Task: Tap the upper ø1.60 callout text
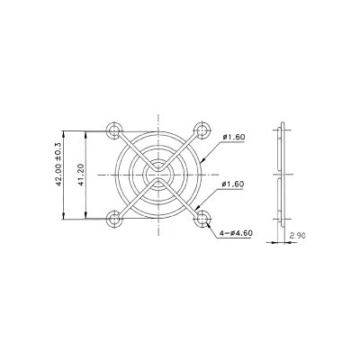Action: click(233, 137)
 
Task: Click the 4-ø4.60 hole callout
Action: click(236, 233)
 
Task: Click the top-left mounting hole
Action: click(114, 129)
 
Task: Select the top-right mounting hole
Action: click(202, 129)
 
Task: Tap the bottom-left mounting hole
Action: click(114, 216)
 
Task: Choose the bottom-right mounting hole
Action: click(202, 216)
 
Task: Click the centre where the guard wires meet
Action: click(158, 173)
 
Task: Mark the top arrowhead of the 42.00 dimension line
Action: click(65, 126)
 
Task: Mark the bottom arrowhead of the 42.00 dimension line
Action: click(65, 220)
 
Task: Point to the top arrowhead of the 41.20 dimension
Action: click(86, 131)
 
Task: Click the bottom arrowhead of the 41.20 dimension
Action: click(86, 214)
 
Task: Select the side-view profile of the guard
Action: click(281, 173)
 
